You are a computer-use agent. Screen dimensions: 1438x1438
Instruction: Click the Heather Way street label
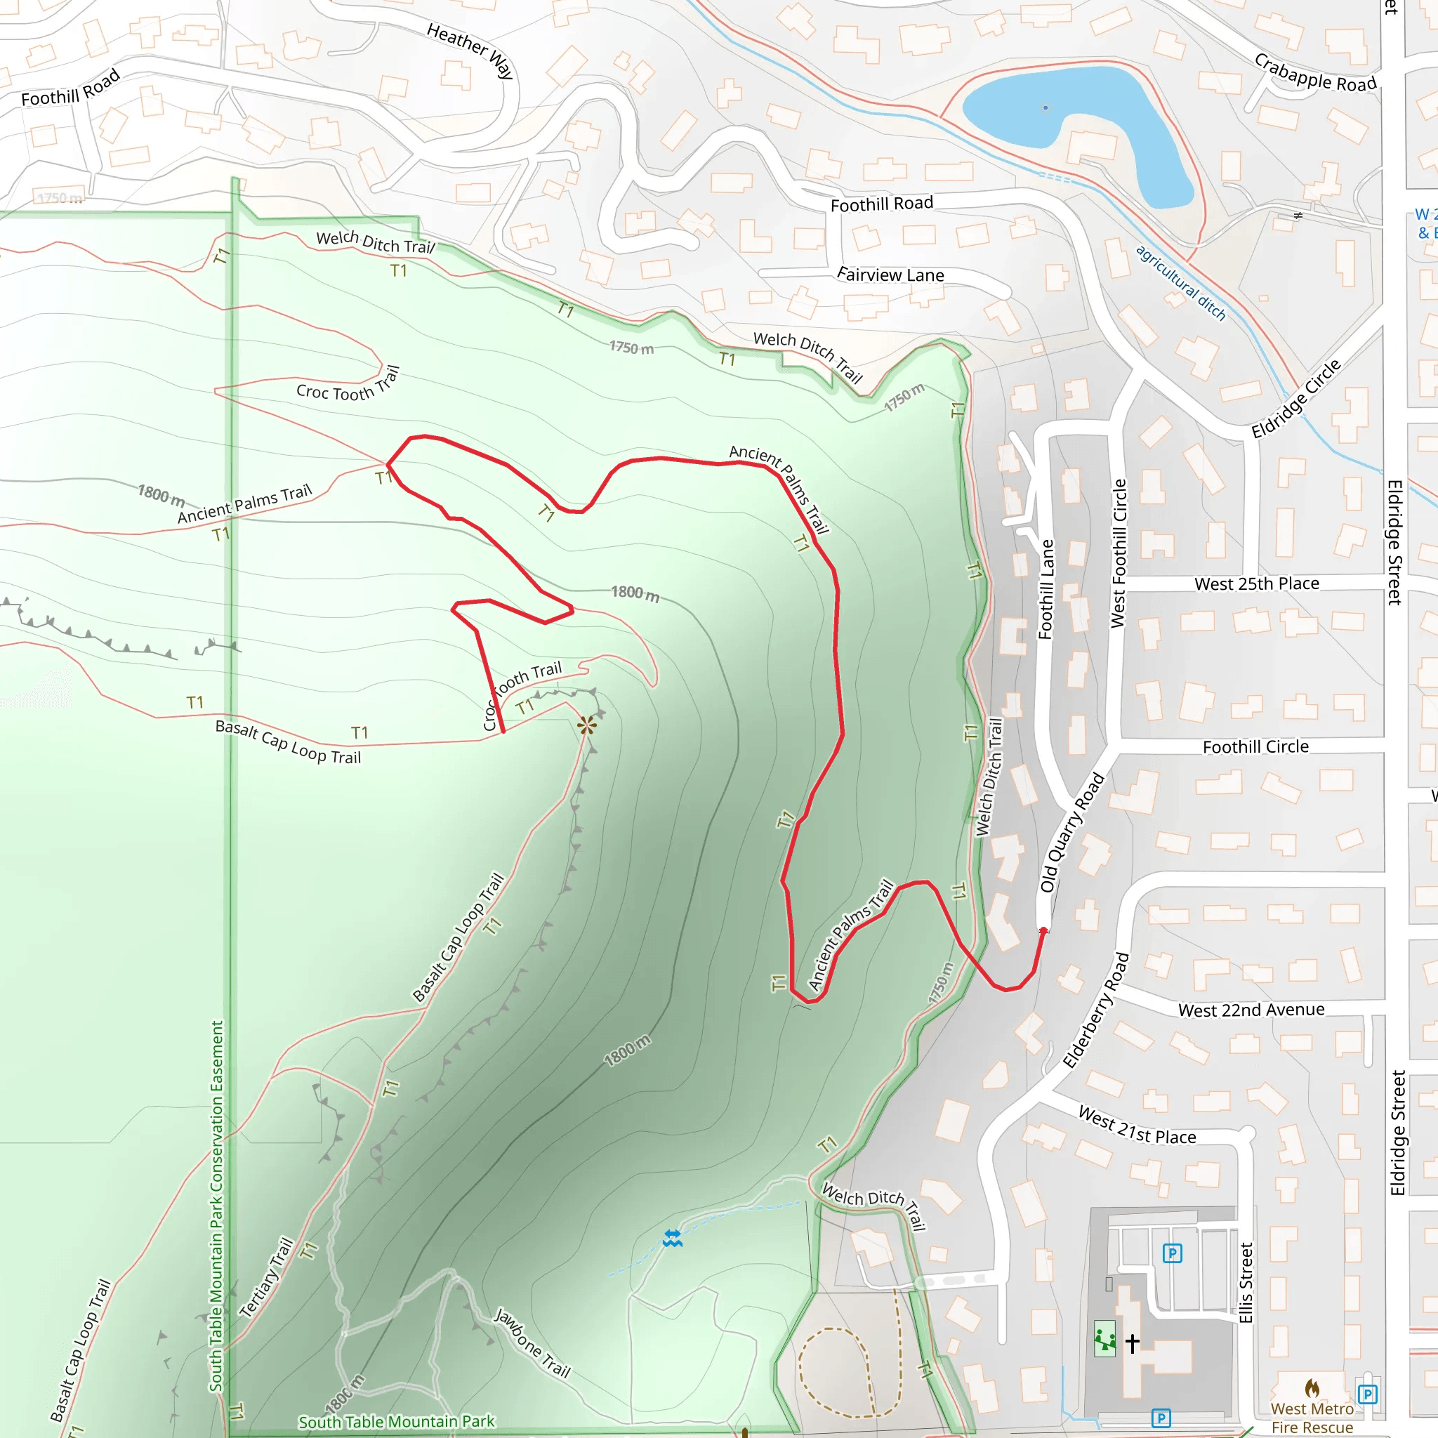pyautogui.click(x=470, y=50)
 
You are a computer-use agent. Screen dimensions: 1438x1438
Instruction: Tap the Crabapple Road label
pyautogui.click(x=1314, y=73)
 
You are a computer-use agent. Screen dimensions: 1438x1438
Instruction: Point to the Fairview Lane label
pyautogui.click(x=890, y=275)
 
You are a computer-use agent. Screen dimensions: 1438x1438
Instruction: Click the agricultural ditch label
pyautogui.click(x=1180, y=282)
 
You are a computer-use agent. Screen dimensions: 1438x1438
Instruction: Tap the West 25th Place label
pyautogui.click(x=1256, y=583)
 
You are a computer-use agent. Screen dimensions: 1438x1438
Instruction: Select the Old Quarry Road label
pyautogui.click(x=1071, y=832)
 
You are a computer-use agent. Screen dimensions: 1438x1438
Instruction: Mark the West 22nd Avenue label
pyautogui.click(x=1251, y=1010)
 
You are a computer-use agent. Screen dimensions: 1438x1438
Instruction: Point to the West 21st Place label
pyautogui.click(x=1137, y=1126)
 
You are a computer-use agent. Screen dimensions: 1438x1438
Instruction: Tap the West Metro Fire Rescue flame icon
pyautogui.click(x=1312, y=1387)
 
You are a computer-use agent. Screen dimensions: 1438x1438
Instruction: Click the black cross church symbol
pyautogui.click(x=1132, y=1343)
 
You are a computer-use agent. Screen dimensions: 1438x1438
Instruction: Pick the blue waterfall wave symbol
pyautogui.click(x=672, y=1239)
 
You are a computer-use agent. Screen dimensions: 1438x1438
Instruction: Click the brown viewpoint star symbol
pyautogui.click(x=586, y=725)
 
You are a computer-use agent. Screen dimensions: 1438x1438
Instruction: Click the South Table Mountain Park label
pyautogui.click(x=396, y=1421)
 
